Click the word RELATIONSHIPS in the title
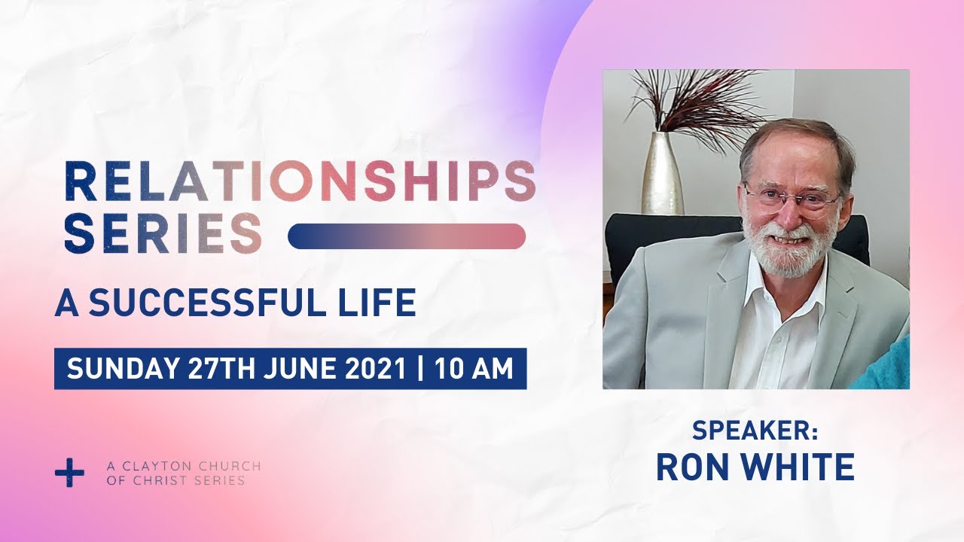(x=300, y=181)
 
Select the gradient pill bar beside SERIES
(x=407, y=236)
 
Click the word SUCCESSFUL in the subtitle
(x=206, y=303)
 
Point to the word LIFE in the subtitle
(x=379, y=303)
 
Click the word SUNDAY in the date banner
(x=123, y=369)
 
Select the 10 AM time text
(x=474, y=369)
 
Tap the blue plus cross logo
(x=70, y=473)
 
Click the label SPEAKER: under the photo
(x=755, y=431)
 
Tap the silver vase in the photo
(x=661, y=173)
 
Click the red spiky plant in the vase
(x=697, y=102)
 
